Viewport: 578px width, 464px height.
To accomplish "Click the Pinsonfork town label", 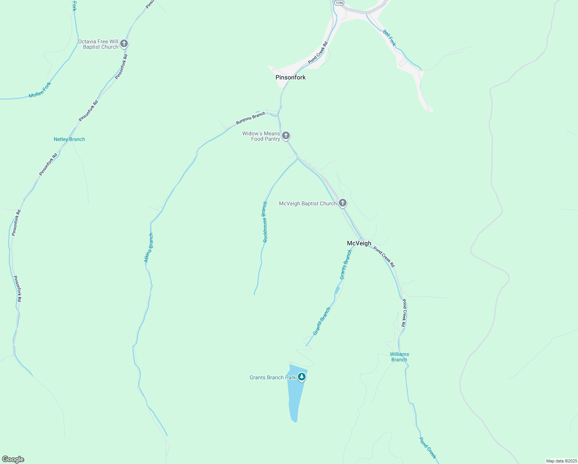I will coord(291,77).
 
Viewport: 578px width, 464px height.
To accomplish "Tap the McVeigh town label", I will coord(359,243).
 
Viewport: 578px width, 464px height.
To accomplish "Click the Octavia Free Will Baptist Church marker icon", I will coord(124,43).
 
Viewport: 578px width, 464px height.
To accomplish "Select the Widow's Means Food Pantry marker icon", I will coord(286,135).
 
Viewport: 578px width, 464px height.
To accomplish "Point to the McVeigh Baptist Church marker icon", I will coord(342,203).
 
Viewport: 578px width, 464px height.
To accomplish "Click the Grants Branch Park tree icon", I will coord(302,377).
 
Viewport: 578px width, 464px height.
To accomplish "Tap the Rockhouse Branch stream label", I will coord(265,222).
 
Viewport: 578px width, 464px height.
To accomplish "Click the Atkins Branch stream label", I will coord(149,248).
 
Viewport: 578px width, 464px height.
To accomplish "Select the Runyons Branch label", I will coord(251,118).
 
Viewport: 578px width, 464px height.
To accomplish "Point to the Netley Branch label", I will coord(69,139).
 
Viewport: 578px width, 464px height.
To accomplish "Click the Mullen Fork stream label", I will coord(40,90).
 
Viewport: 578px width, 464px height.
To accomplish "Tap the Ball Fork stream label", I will coord(389,38).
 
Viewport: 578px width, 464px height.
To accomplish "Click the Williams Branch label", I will coord(399,357).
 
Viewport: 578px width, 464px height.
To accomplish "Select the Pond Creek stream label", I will coord(428,448).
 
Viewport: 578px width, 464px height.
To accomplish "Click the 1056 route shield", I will coord(339,3).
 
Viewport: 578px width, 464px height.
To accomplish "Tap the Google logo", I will coord(13,459).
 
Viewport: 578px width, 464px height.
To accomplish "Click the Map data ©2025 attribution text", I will coord(561,461).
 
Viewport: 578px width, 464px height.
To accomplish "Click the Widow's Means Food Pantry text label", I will coord(261,136).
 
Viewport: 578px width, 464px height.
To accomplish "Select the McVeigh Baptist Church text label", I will coord(308,203).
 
